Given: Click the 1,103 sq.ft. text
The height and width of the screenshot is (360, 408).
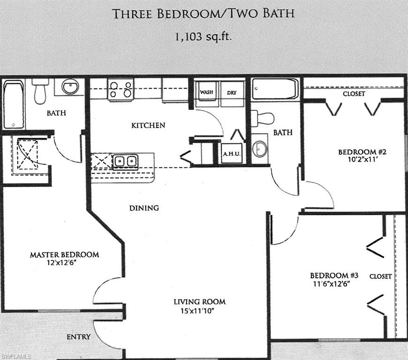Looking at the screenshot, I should (x=204, y=37).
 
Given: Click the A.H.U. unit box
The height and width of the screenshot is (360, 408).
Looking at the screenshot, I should (x=232, y=153).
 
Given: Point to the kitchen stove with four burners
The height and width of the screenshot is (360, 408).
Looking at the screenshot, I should (x=121, y=89).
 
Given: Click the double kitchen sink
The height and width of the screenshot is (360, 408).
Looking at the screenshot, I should (x=125, y=161).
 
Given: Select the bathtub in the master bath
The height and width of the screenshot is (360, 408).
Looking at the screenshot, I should (x=13, y=105).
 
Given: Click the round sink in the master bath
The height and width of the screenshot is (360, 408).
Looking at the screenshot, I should (x=70, y=87).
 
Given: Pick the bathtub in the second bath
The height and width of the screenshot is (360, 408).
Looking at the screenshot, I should (x=275, y=89).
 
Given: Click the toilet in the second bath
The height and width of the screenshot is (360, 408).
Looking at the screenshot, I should (x=263, y=118).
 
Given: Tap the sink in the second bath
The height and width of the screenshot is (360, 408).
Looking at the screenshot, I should (x=260, y=149).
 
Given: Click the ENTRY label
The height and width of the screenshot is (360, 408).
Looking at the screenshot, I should (x=78, y=337).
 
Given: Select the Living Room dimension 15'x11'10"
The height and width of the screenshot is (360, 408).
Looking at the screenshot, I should (x=200, y=310).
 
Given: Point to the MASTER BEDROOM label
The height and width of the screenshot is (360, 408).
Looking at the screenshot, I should (x=64, y=255).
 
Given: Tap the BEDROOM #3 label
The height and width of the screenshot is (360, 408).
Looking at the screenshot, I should (x=330, y=275).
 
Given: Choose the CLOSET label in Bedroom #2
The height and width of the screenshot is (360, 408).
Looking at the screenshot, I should (x=354, y=94).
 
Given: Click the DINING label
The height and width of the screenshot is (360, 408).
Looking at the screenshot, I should (x=144, y=208).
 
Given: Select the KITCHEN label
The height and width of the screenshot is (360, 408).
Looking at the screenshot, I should (x=148, y=125).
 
